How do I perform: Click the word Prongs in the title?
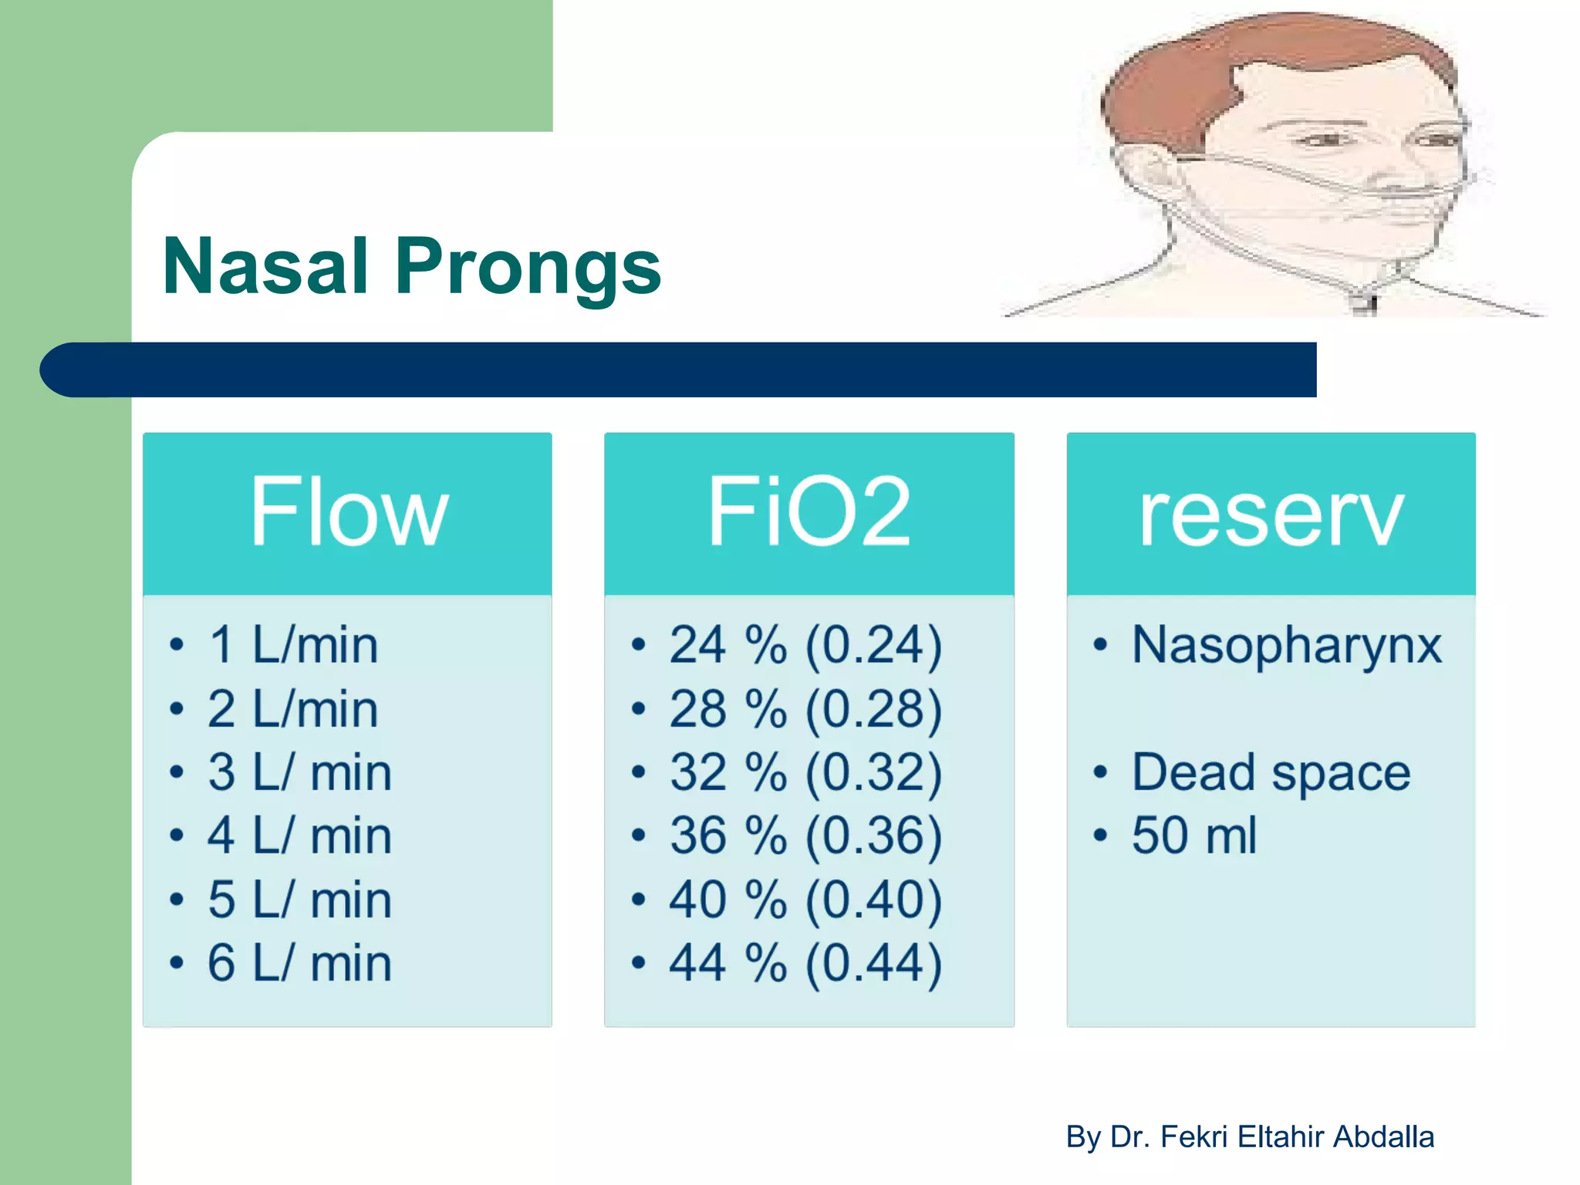pos(528,267)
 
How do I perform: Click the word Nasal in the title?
pos(265,267)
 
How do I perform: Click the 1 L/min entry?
pos(293,645)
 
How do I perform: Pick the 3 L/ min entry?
pos(299,772)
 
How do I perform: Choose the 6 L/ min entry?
pos(299,964)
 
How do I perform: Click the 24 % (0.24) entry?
pos(805,645)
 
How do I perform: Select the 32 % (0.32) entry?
pos(805,772)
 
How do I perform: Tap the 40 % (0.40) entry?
pos(805,900)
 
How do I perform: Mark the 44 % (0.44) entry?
pos(805,964)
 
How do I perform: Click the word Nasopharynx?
pos(1286,645)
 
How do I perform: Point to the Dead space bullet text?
pos(1271,772)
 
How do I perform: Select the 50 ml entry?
pos(1193,836)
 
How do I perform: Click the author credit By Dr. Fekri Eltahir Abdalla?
pos(1250,1137)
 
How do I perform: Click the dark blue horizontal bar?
pos(679,370)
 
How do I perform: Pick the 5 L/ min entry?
pos(299,900)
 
